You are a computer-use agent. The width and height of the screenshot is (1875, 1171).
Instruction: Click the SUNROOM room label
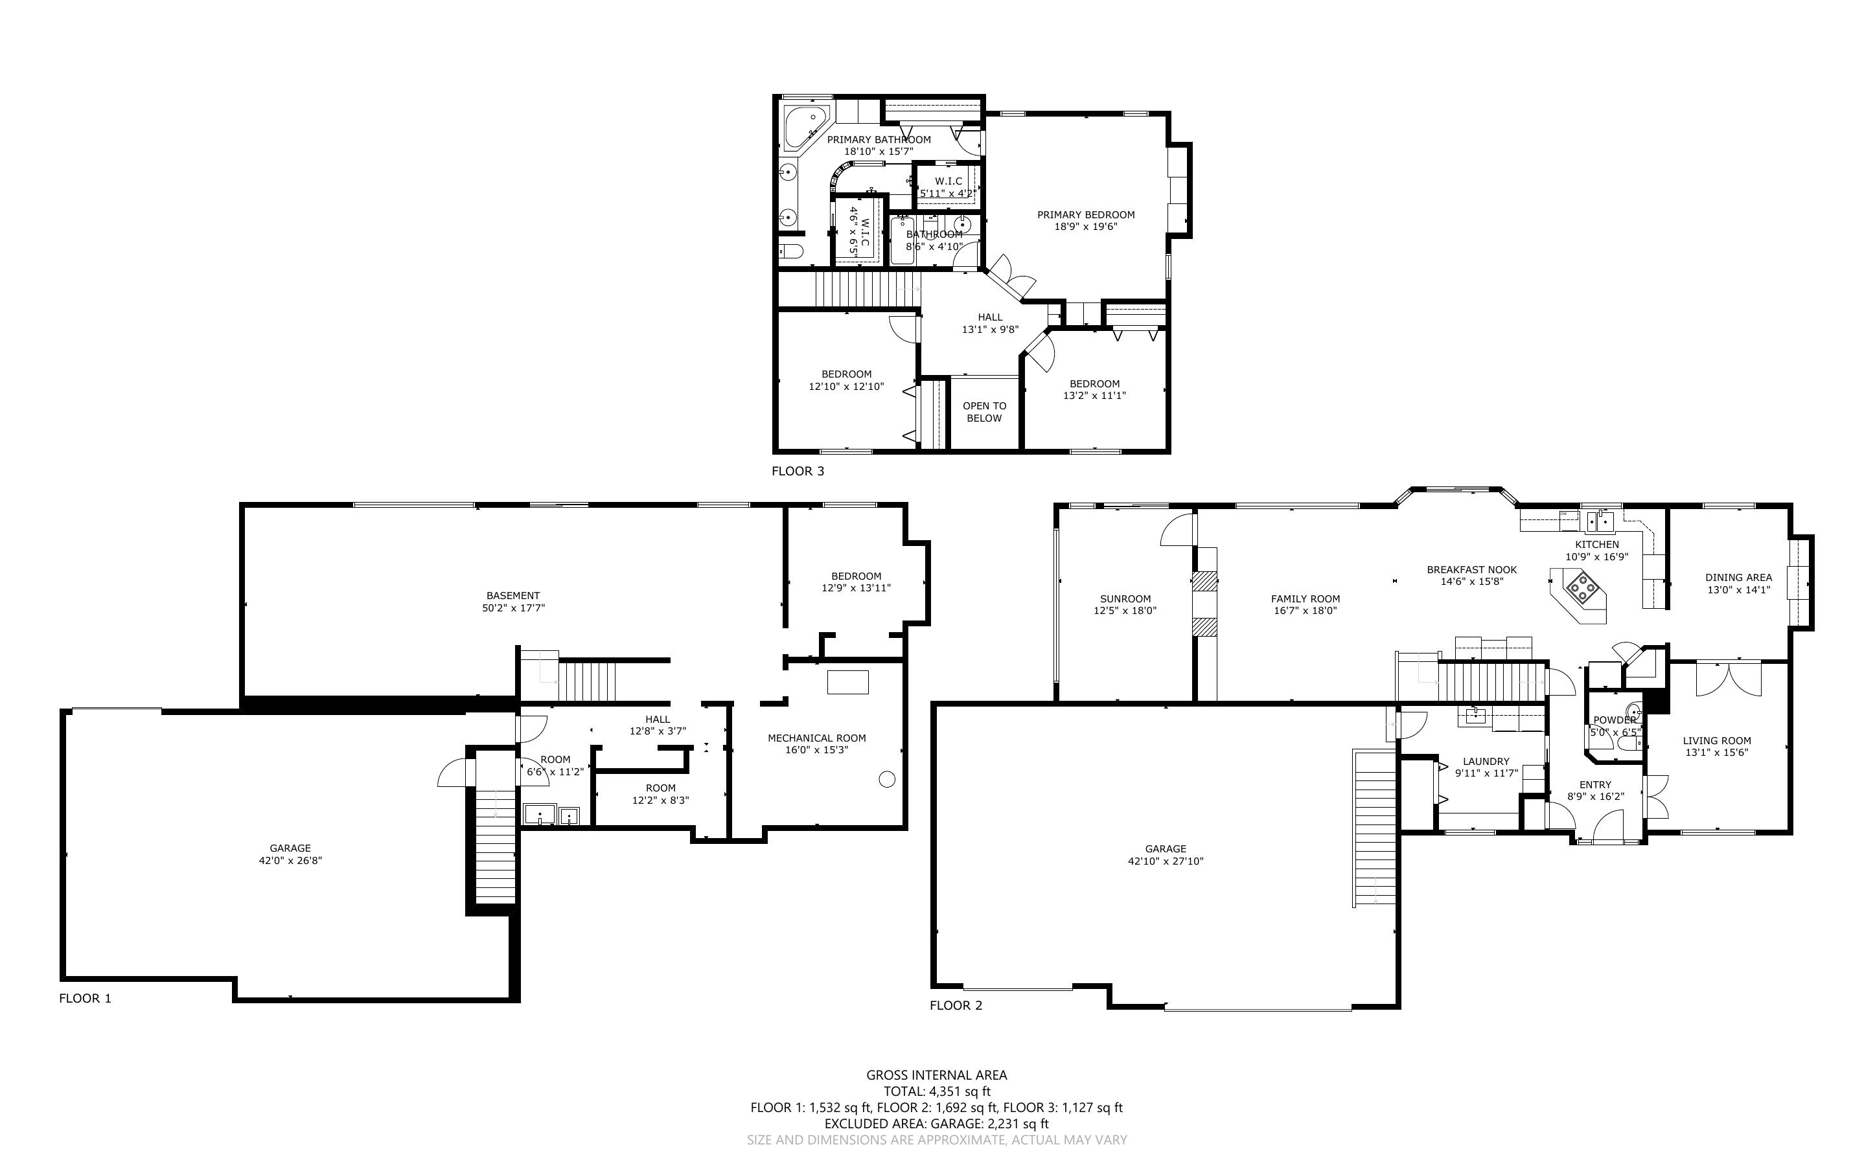tap(1125, 598)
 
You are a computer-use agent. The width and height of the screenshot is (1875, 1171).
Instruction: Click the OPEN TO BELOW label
tap(984, 412)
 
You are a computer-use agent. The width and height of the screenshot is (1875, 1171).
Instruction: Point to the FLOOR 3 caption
tap(798, 471)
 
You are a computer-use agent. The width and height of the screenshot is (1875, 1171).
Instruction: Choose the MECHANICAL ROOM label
tap(817, 738)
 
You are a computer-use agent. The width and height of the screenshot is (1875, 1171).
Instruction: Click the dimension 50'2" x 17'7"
tap(514, 608)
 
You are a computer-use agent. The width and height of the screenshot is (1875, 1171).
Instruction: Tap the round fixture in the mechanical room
tap(888, 780)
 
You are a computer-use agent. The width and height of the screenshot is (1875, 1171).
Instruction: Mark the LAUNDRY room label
tap(1486, 761)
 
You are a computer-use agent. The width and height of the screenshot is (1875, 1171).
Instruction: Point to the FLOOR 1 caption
tap(85, 998)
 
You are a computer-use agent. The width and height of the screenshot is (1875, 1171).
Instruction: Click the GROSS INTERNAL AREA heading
tap(936, 1075)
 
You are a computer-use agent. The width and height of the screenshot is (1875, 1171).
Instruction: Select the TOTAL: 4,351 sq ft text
tap(937, 1091)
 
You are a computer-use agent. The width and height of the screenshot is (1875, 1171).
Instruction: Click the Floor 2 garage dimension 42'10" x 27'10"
tap(1166, 861)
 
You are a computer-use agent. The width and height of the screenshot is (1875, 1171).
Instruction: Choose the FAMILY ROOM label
tap(1305, 598)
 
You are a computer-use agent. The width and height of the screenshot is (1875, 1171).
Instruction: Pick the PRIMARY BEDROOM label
tap(1086, 214)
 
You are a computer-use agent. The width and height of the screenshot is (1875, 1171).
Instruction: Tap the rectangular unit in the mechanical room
tap(848, 682)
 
